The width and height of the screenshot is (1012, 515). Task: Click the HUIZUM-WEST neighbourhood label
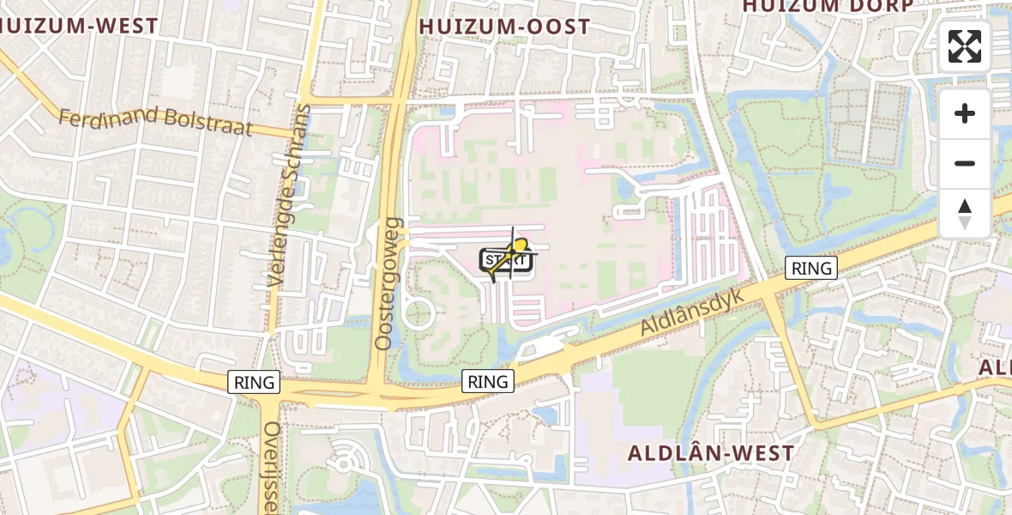[79, 26]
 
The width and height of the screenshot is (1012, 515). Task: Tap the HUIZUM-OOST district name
[505, 27]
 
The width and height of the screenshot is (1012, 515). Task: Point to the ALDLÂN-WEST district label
[711, 452]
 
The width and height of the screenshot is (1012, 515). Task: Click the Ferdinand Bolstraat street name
[155, 121]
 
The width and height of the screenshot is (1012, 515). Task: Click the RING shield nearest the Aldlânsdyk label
[811, 268]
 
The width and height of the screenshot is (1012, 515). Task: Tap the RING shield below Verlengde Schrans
[255, 382]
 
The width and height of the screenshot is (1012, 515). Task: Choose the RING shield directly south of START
[488, 381]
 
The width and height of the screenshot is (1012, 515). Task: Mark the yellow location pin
[518, 249]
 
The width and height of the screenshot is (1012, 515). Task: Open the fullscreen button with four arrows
[965, 46]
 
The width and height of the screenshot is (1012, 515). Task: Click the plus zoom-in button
[965, 113]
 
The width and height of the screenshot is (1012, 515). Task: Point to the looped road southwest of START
[417, 313]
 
